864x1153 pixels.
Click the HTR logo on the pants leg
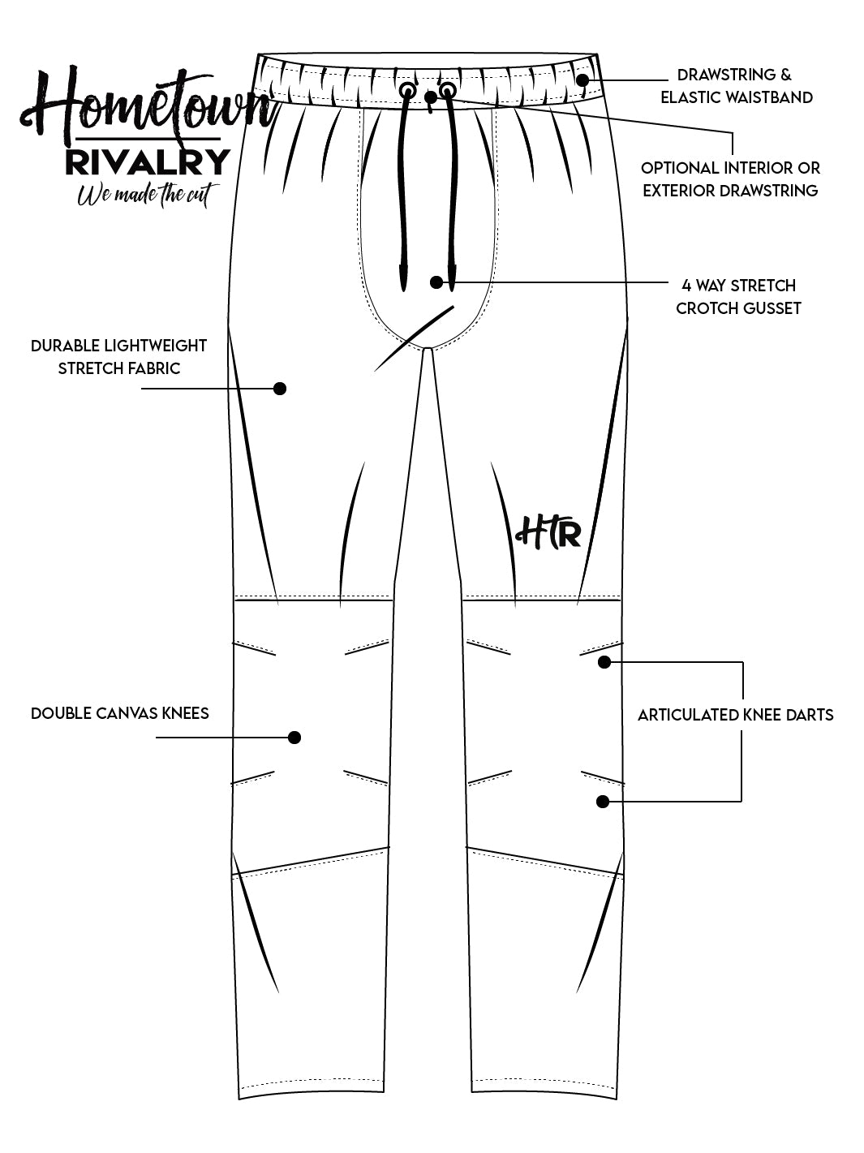(548, 532)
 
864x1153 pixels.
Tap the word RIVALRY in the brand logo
(147, 161)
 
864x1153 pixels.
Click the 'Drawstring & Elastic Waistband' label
(736, 86)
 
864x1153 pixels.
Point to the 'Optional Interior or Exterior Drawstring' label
(730, 179)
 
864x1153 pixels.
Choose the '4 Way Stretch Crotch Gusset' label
(738, 297)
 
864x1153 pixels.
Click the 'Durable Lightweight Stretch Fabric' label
(119, 357)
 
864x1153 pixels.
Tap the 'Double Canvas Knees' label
(120, 714)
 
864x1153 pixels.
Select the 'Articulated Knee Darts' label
(735, 716)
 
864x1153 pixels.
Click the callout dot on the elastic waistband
(583, 80)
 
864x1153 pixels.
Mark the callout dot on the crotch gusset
(436, 282)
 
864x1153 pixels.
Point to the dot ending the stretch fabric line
(280, 389)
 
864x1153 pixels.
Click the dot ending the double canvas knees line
(294, 738)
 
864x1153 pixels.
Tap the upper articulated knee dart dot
(604, 662)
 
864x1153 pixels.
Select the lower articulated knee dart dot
(602, 802)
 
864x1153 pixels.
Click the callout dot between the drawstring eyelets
(431, 97)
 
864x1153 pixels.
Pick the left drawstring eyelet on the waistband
(406, 89)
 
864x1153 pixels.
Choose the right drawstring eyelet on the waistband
(447, 88)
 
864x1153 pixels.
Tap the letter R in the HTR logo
(569, 534)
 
